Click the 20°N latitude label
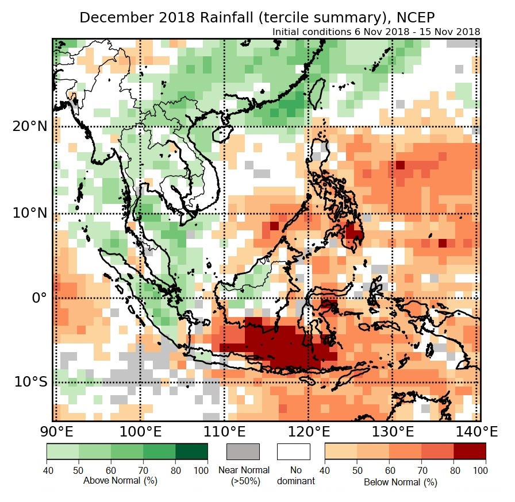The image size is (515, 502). (28, 126)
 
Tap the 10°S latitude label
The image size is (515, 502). (29, 382)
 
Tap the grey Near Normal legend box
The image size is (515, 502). (243, 451)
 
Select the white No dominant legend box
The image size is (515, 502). (293, 451)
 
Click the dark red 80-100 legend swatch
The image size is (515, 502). (470, 451)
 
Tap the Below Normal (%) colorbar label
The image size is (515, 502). (400, 482)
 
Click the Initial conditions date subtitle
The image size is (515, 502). (376, 32)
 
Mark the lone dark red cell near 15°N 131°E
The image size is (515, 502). (401, 165)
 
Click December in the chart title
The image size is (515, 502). (112, 17)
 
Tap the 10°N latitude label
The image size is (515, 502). (28, 213)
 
